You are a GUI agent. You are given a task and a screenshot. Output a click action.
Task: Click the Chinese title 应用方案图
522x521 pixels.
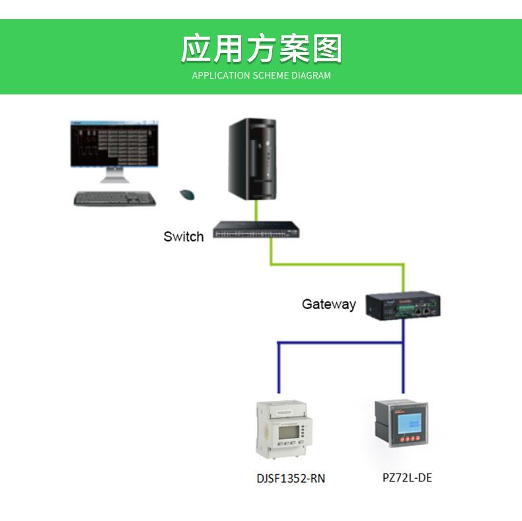[262, 49]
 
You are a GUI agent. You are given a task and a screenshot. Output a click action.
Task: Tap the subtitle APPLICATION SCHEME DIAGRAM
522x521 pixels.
[262, 75]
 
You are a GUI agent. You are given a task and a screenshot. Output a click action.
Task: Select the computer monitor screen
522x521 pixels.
[114, 144]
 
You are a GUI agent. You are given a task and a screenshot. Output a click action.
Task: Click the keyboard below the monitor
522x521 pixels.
[114, 199]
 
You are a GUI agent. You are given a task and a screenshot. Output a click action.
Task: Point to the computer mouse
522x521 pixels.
[187, 195]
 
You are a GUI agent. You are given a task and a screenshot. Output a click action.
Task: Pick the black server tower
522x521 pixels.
[252, 159]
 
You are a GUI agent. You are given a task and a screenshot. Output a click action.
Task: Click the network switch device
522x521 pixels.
[256, 229]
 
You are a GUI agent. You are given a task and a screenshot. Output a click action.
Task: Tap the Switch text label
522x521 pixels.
[184, 236]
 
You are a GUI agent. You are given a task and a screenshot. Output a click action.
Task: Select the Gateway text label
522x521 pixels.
[329, 304]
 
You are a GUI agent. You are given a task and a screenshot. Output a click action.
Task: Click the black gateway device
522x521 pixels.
[403, 306]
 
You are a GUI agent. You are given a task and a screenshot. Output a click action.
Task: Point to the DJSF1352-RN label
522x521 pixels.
[291, 479]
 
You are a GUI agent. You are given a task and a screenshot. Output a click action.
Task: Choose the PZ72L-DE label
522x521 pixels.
[407, 478]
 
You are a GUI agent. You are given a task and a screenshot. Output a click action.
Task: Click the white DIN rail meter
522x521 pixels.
[284, 429]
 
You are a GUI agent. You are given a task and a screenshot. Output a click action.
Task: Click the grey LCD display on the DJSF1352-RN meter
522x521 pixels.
[288, 432]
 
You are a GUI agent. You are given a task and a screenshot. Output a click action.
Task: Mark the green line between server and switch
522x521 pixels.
[256, 211]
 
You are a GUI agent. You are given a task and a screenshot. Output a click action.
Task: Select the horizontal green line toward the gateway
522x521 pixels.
[337, 265]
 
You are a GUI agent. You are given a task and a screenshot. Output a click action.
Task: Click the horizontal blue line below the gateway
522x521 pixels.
[340, 343]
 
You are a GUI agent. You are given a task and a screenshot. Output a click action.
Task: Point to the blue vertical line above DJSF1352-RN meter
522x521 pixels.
[279, 368]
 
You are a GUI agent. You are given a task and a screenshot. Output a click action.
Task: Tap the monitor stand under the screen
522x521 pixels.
[115, 175]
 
